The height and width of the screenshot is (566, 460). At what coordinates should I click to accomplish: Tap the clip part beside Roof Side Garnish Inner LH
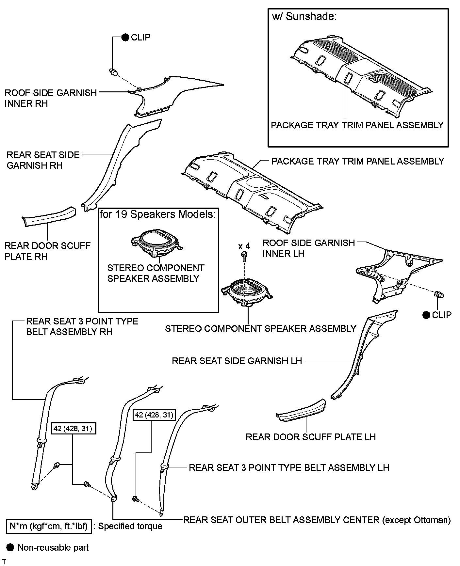pyautogui.click(x=439, y=295)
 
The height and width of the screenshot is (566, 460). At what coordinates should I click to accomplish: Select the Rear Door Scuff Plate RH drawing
pyautogui.click(x=49, y=216)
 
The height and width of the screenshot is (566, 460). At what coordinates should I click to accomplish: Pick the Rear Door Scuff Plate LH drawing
pyautogui.click(x=301, y=410)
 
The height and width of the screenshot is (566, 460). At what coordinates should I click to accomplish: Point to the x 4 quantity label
pyautogui.click(x=244, y=246)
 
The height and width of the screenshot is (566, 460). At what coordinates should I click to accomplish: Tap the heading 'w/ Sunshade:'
pyautogui.click(x=304, y=17)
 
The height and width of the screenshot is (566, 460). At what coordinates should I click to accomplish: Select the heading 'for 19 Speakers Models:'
pyautogui.click(x=158, y=214)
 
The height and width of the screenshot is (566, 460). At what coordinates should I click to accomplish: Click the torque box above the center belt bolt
pyautogui.click(x=154, y=415)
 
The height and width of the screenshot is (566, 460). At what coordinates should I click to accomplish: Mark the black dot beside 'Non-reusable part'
pyautogui.click(x=10, y=547)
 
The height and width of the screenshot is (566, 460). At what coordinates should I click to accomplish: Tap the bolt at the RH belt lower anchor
pyautogui.click(x=57, y=464)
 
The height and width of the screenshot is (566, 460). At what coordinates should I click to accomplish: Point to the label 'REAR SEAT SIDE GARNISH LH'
pyautogui.click(x=237, y=361)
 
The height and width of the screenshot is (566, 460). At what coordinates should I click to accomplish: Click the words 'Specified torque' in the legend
pyautogui.click(x=130, y=526)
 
